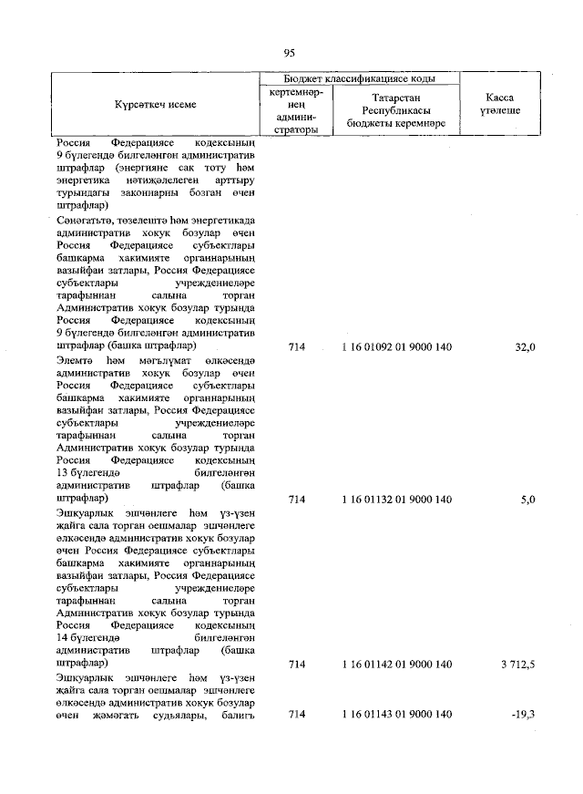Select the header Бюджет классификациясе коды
point(359,78)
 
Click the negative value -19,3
point(523,715)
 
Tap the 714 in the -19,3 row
point(295,715)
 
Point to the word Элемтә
point(76,360)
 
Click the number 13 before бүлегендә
point(63,474)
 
